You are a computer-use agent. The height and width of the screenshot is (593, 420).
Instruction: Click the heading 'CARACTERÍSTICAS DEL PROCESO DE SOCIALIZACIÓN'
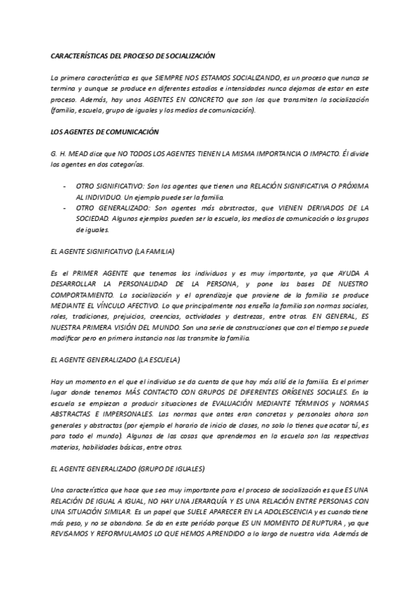pos(133,55)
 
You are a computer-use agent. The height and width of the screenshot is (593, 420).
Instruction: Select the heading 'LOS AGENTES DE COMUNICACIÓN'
pos(105,131)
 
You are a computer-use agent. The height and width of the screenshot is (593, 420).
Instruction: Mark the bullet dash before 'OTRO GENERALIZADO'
pos(66,208)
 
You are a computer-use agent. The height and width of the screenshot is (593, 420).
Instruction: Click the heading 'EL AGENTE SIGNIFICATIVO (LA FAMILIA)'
pos(113,250)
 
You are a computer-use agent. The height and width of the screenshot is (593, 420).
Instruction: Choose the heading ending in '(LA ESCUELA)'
pos(115,359)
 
